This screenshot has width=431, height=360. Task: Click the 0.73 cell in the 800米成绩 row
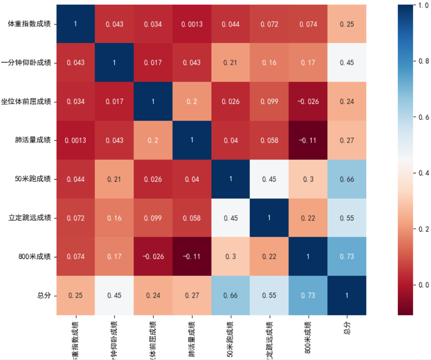point(347,257)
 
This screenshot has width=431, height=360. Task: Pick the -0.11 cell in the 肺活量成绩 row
point(308,140)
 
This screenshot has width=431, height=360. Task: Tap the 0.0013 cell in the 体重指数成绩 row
point(192,24)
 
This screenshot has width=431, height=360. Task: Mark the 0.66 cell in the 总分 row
point(231,295)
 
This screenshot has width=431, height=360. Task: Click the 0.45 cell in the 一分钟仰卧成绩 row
point(347,63)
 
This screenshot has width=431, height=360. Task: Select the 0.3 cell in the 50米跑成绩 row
point(308,179)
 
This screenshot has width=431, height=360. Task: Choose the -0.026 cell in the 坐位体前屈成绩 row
point(308,101)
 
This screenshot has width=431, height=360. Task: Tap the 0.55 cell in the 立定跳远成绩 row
point(347,218)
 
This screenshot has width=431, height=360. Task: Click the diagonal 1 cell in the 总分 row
point(347,295)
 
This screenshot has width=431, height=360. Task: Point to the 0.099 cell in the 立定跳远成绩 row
point(153,218)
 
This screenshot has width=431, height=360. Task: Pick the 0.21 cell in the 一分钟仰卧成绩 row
point(231,63)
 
